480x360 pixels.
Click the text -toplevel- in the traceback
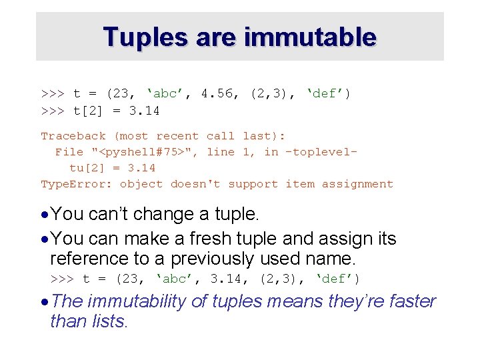click(x=321, y=152)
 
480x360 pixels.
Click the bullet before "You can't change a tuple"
click(x=45, y=215)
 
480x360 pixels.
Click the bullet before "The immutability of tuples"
click(x=45, y=302)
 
